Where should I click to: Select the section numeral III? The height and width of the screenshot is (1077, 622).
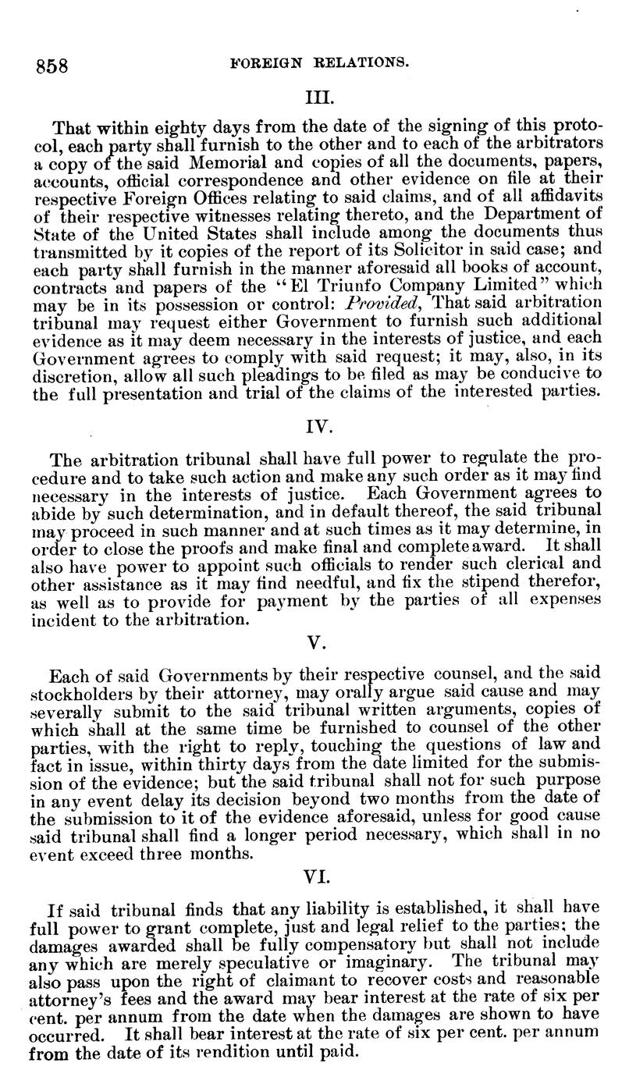[x=320, y=99]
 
